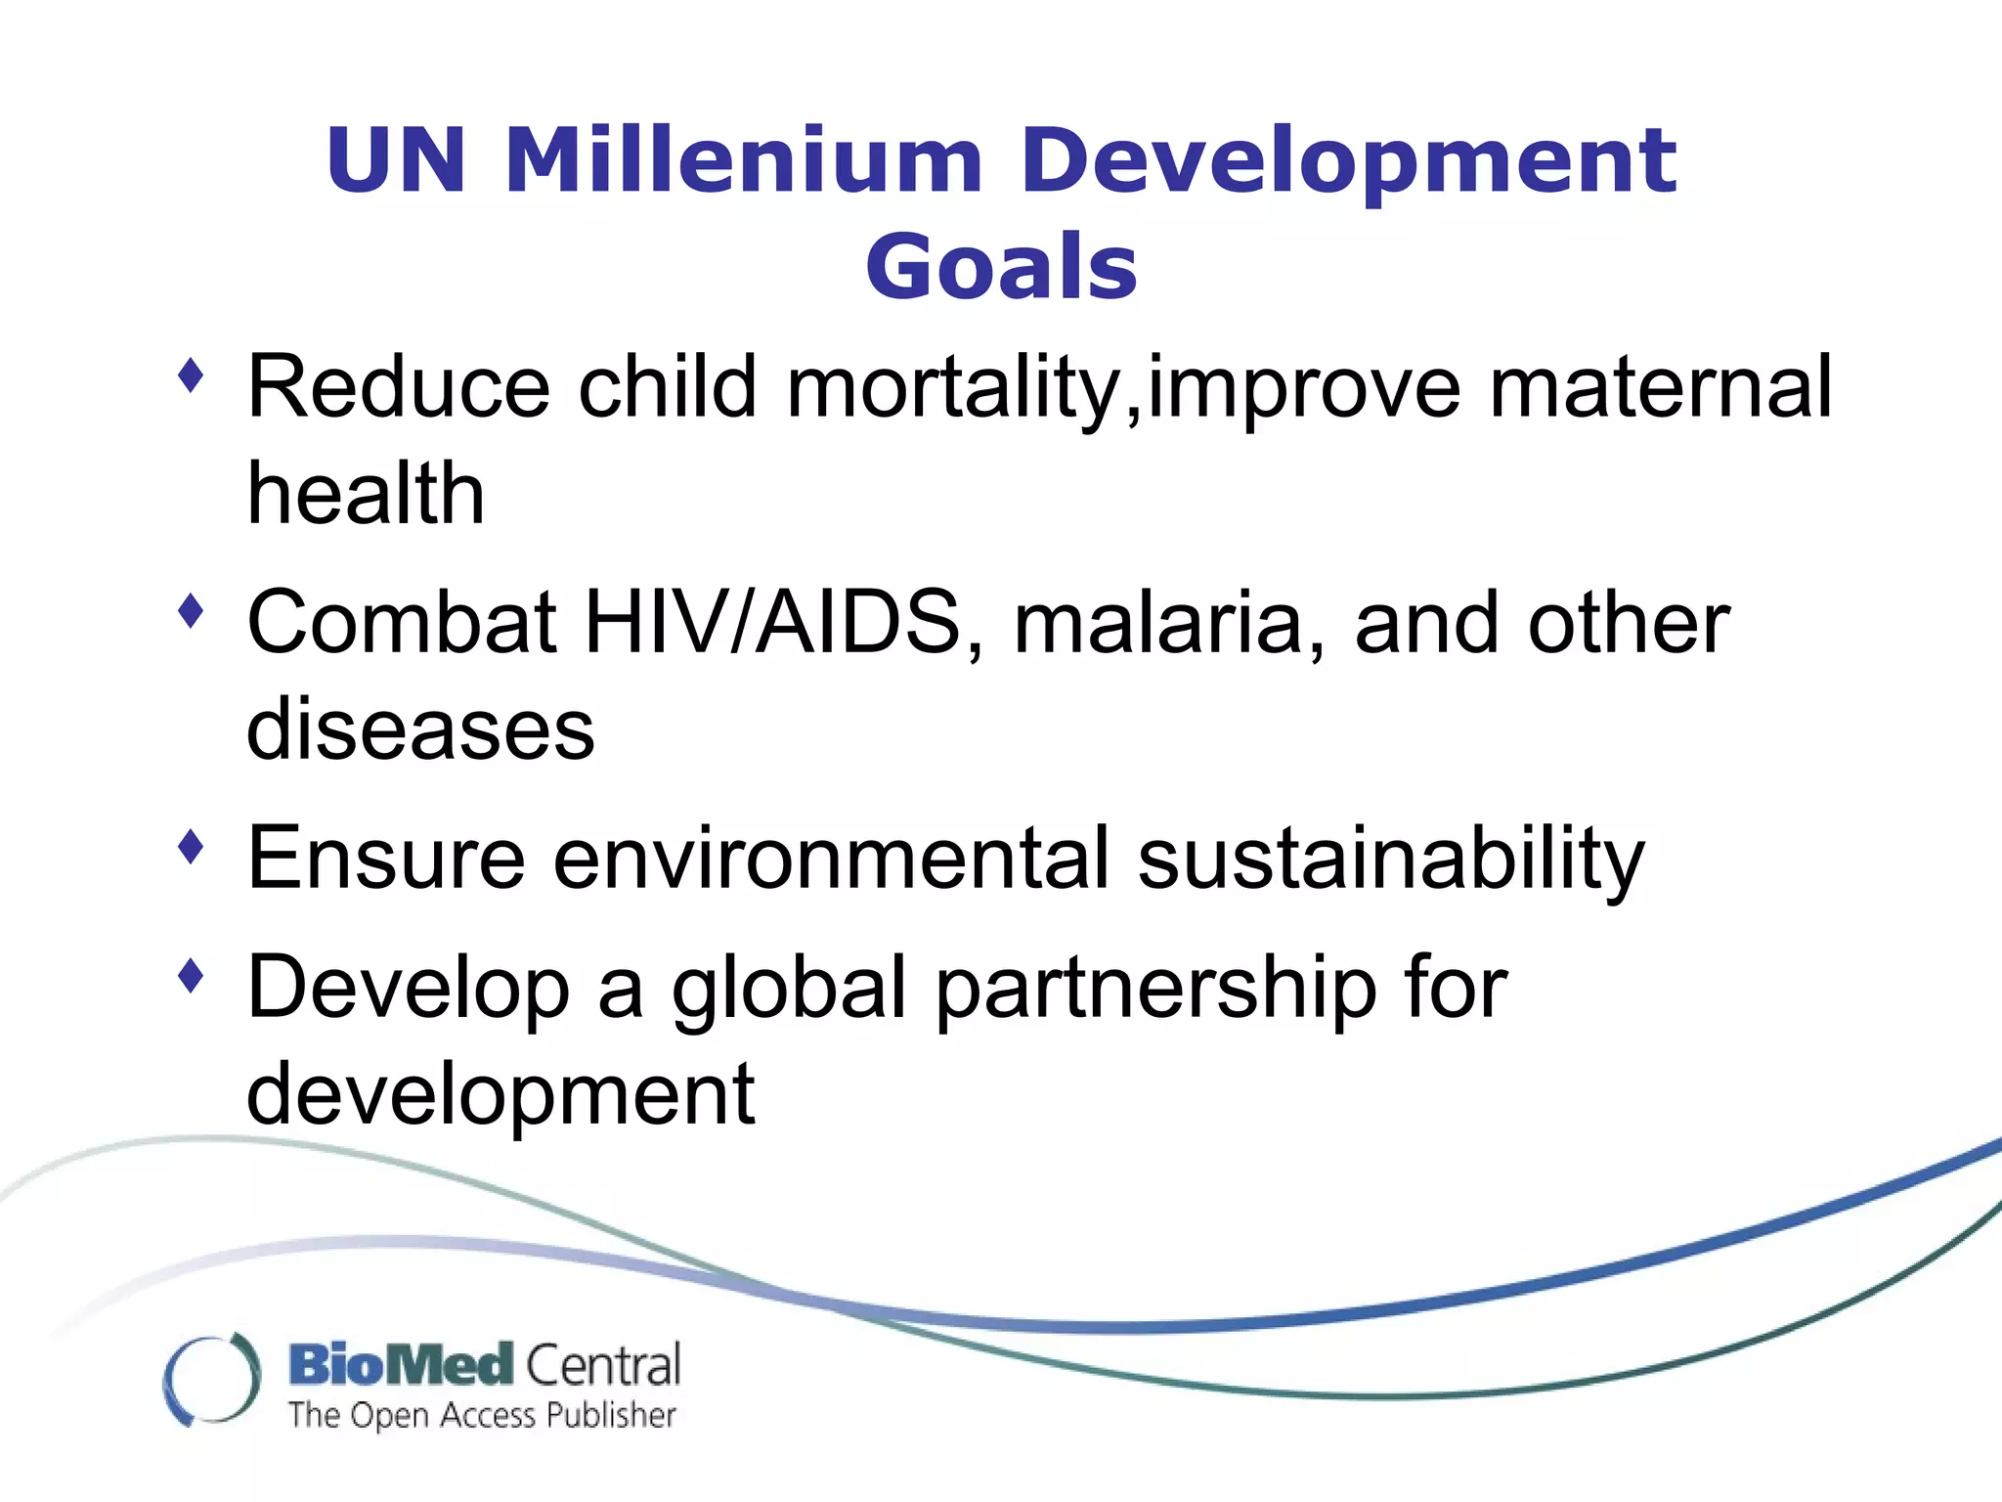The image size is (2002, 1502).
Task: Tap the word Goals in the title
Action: (x=1001, y=266)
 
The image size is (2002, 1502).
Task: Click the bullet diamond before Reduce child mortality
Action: (x=192, y=375)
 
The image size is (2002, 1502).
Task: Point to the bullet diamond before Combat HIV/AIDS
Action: (x=192, y=612)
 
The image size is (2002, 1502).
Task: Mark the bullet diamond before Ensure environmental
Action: (x=192, y=847)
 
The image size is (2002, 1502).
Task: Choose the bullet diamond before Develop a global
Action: (x=192, y=975)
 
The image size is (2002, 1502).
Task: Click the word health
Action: (x=366, y=493)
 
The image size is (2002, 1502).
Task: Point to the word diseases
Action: (x=420, y=729)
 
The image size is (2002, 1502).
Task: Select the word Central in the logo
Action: (x=603, y=1365)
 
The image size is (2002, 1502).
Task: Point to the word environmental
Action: (x=831, y=859)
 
